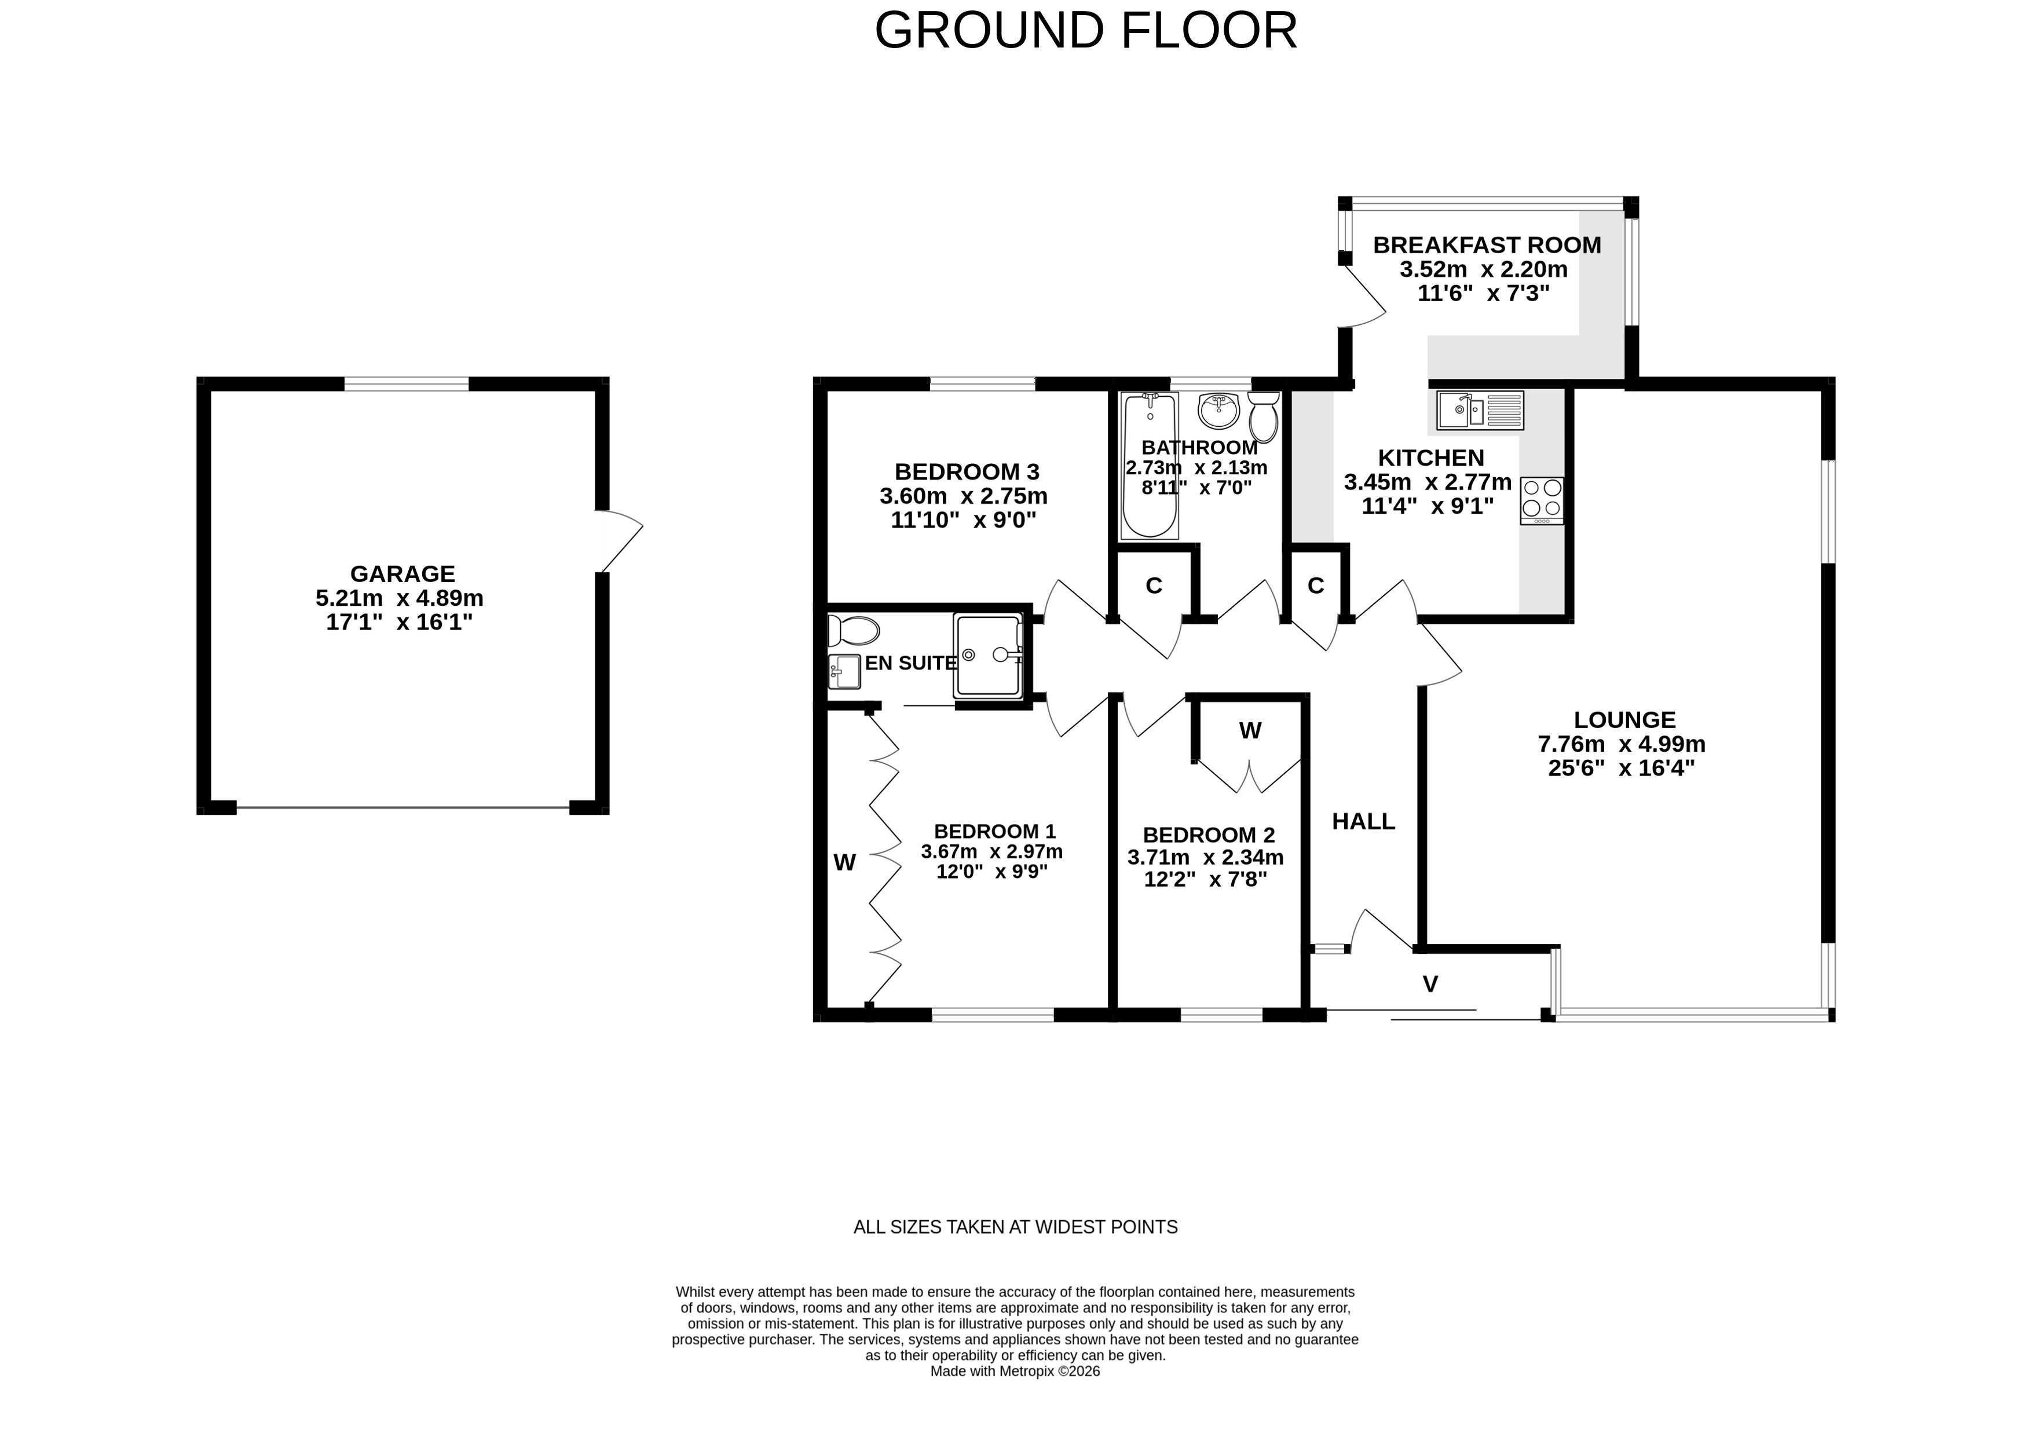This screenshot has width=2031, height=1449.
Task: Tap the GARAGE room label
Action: [x=402, y=574]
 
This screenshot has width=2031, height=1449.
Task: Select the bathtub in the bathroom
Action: [x=1149, y=466]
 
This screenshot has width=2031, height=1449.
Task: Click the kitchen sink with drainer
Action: [x=1480, y=411]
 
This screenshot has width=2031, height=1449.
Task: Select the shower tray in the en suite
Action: [x=989, y=656]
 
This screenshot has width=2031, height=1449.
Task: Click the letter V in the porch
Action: [x=1430, y=984]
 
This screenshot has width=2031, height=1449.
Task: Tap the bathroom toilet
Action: [x=1264, y=416]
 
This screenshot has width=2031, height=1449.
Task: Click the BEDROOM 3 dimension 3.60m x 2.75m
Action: [x=963, y=496]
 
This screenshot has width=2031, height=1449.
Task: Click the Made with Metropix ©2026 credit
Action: [x=1015, y=1371]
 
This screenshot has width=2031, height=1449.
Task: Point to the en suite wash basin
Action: [x=844, y=672]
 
